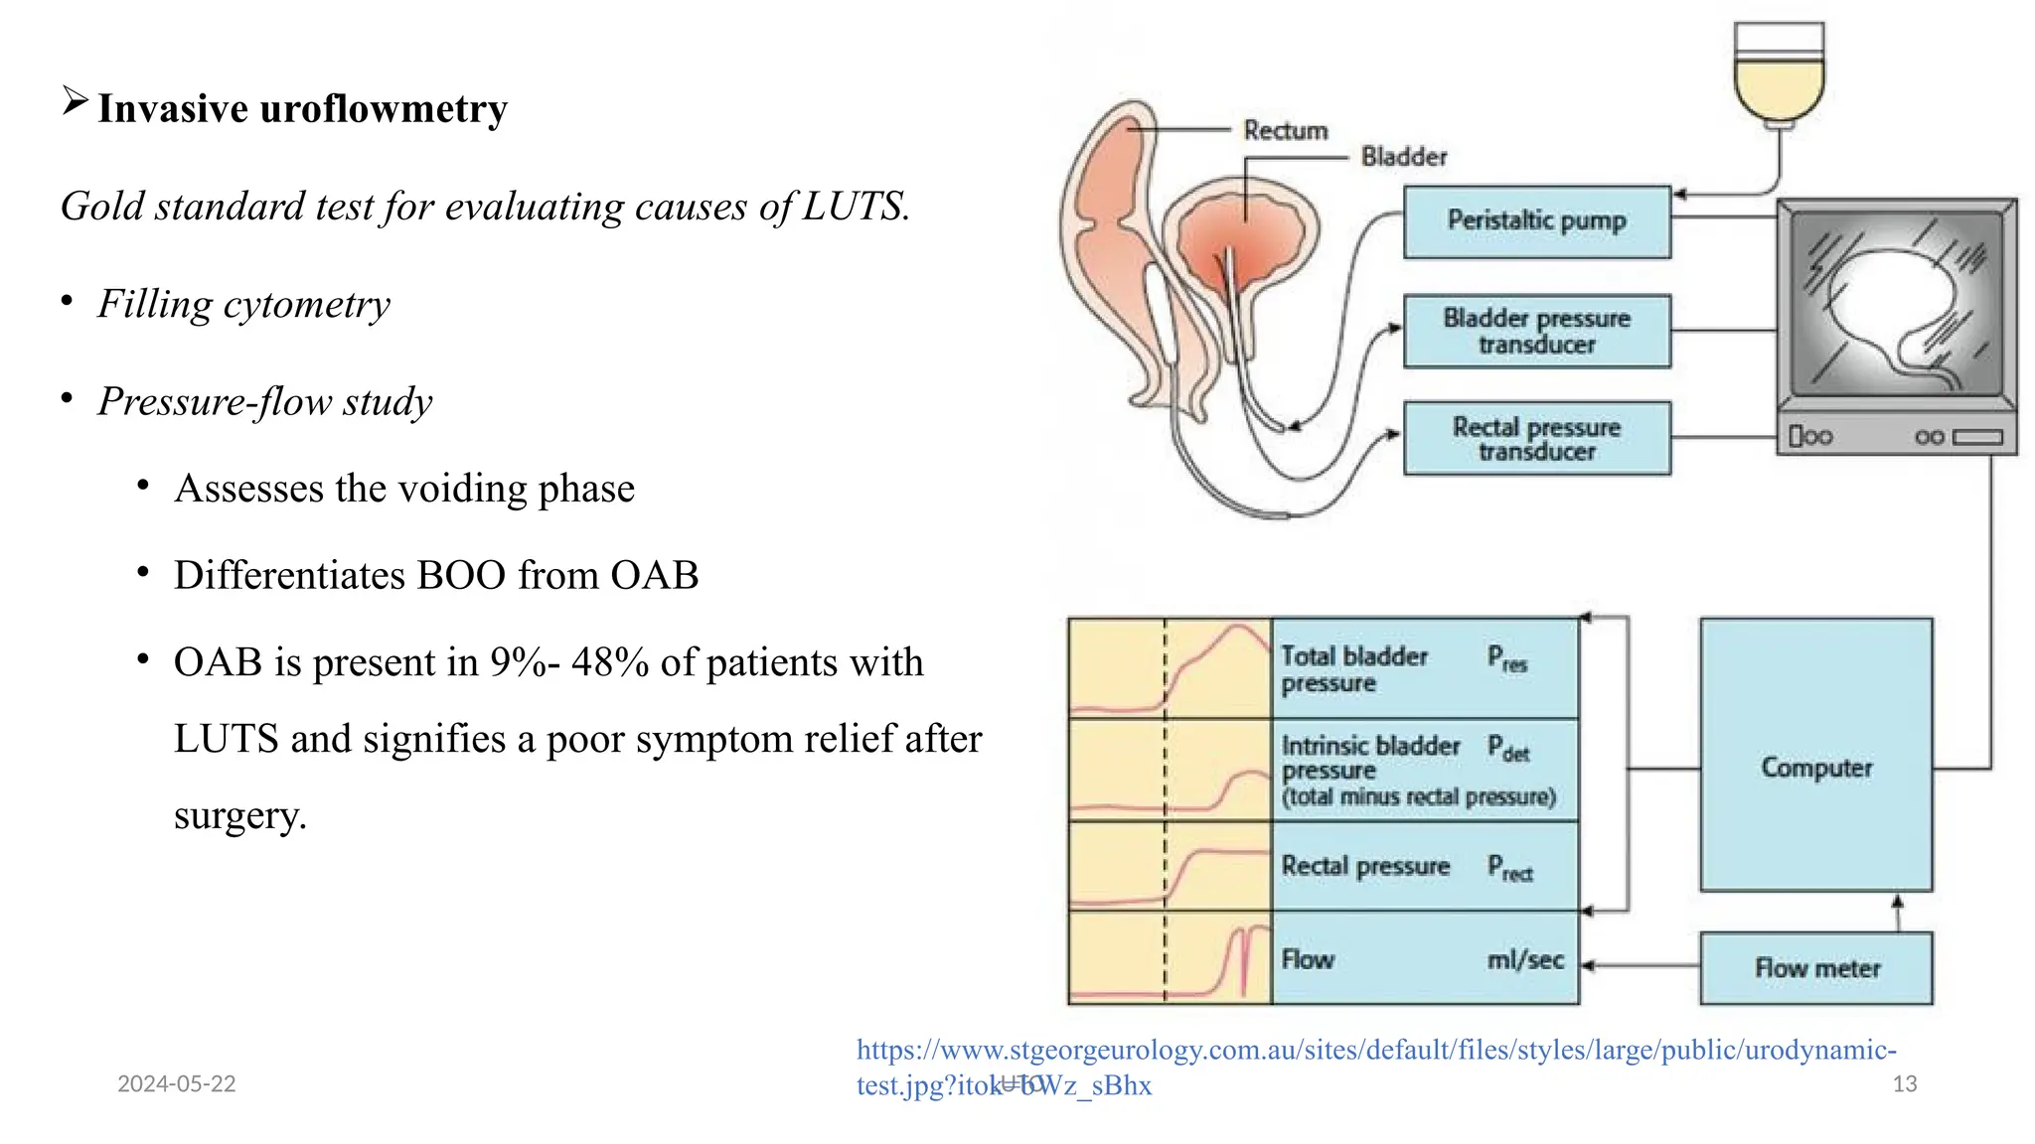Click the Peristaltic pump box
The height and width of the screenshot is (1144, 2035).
[x=1536, y=221]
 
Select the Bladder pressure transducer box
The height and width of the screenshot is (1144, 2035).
[x=1536, y=332]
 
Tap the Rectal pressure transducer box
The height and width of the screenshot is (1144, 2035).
[x=1536, y=439]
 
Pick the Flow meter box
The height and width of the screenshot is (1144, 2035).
[x=1815, y=968]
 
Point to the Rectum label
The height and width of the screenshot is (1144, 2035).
[x=1285, y=130]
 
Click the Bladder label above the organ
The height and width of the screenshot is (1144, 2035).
[x=1403, y=157]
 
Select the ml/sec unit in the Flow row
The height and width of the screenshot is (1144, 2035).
[x=1525, y=960]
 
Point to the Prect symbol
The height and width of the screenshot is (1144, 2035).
[x=1509, y=868]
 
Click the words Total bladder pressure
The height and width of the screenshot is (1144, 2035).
[x=1353, y=669]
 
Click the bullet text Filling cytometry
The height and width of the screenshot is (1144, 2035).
[x=243, y=304]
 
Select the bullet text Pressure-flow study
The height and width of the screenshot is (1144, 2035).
[x=264, y=401]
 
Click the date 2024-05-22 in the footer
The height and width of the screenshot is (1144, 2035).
[x=176, y=1083]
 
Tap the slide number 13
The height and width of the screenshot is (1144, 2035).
[x=1904, y=1083]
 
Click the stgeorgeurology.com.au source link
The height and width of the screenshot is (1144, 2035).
[x=1375, y=1051]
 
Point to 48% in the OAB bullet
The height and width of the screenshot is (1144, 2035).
[x=610, y=662]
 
